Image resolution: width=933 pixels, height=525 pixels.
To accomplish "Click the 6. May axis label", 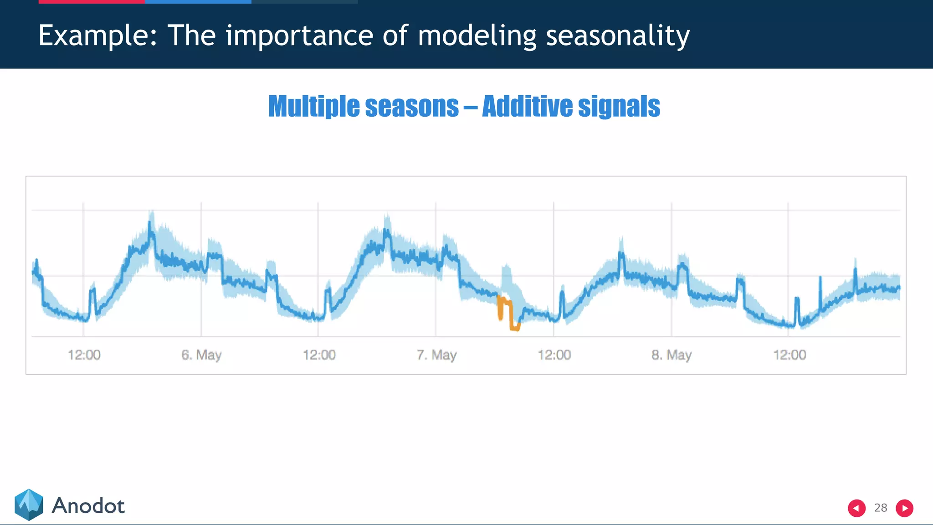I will pyautogui.click(x=201, y=355).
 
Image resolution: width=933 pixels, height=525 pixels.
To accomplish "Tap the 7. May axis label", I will pyautogui.click(x=436, y=355).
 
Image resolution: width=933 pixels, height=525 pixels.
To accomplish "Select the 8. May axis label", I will pyautogui.click(x=671, y=355).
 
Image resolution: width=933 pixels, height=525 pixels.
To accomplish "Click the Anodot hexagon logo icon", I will pyautogui.click(x=29, y=504).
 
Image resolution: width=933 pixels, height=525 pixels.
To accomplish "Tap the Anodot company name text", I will pyautogui.click(x=88, y=506).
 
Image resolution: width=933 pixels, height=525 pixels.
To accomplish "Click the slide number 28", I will pyautogui.click(x=880, y=508).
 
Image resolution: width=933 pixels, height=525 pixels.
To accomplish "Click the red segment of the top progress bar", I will pyautogui.click(x=91, y=2).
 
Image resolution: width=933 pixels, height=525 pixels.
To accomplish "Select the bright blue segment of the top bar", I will pyautogui.click(x=198, y=2).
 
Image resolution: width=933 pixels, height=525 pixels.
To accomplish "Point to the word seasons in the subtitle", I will pyautogui.click(x=412, y=106).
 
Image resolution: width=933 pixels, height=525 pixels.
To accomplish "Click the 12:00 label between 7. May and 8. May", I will pyautogui.click(x=554, y=355).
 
